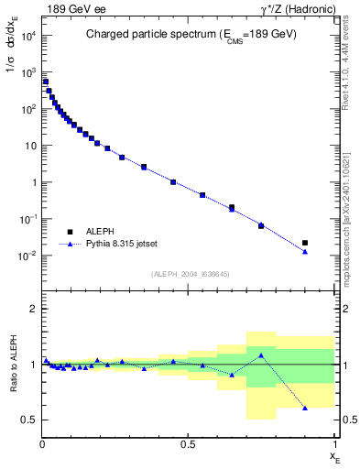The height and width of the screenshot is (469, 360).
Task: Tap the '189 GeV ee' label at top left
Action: (x=73, y=9)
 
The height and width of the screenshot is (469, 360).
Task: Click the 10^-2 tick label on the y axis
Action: (x=27, y=256)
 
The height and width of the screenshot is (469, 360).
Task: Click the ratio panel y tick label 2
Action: (x=32, y=309)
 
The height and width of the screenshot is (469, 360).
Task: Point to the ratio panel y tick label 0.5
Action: (x=28, y=420)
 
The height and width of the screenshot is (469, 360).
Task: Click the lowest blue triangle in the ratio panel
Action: (x=305, y=408)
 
